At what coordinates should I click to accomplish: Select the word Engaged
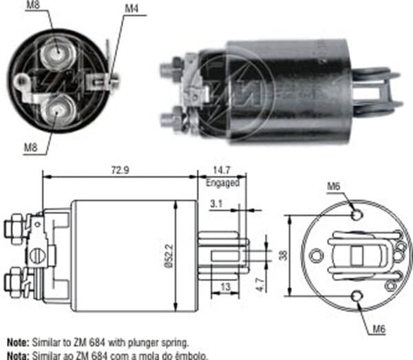(x=222, y=182)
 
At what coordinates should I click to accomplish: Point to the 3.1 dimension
(x=215, y=202)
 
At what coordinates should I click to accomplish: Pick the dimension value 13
(x=226, y=287)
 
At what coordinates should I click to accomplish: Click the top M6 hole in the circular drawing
(x=357, y=215)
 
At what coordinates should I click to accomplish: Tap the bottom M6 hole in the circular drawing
(x=357, y=296)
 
